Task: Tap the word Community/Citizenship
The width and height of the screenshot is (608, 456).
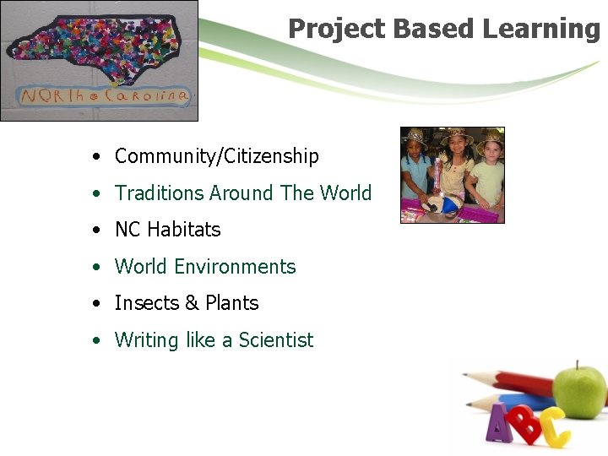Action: pyautogui.click(x=217, y=156)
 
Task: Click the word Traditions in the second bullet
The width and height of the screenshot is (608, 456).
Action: pyautogui.click(x=160, y=193)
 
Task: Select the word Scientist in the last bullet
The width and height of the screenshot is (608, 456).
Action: pyautogui.click(x=276, y=340)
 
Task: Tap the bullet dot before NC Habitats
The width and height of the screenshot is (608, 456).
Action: pyautogui.click(x=99, y=231)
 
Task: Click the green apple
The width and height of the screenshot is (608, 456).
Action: pyautogui.click(x=579, y=390)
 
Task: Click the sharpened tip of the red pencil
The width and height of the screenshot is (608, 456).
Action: pyautogui.click(x=468, y=374)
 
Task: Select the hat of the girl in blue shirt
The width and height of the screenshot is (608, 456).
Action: pyautogui.click(x=414, y=135)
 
